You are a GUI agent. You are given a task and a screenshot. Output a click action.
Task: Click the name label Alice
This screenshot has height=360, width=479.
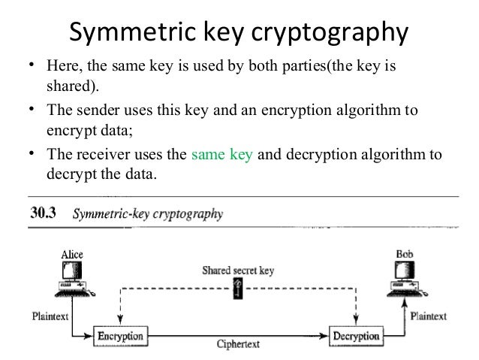click(x=71, y=256)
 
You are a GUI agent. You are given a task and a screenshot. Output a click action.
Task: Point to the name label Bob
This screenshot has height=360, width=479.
click(x=403, y=256)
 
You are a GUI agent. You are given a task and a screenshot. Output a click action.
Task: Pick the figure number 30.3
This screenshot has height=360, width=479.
click(x=45, y=213)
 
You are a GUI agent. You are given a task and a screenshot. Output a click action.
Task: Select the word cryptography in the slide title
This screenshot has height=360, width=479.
click(x=326, y=34)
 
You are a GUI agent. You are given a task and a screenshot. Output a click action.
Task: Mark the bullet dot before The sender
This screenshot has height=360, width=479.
click(x=33, y=111)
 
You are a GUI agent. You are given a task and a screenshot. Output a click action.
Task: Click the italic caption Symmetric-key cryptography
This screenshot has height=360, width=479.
click(x=147, y=213)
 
